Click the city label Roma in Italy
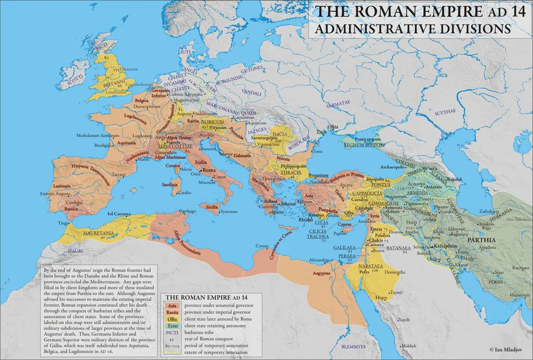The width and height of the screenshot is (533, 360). (208, 170)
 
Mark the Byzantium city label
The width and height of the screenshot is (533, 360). (319, 175)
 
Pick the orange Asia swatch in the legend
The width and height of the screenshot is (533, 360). (172, 305)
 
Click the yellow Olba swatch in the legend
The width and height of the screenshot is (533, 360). (172, 318)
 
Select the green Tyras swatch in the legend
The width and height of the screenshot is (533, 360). (172, 325)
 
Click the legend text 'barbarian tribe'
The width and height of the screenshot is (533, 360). (199, 332)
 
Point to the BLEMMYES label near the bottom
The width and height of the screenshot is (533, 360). (345, 347)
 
